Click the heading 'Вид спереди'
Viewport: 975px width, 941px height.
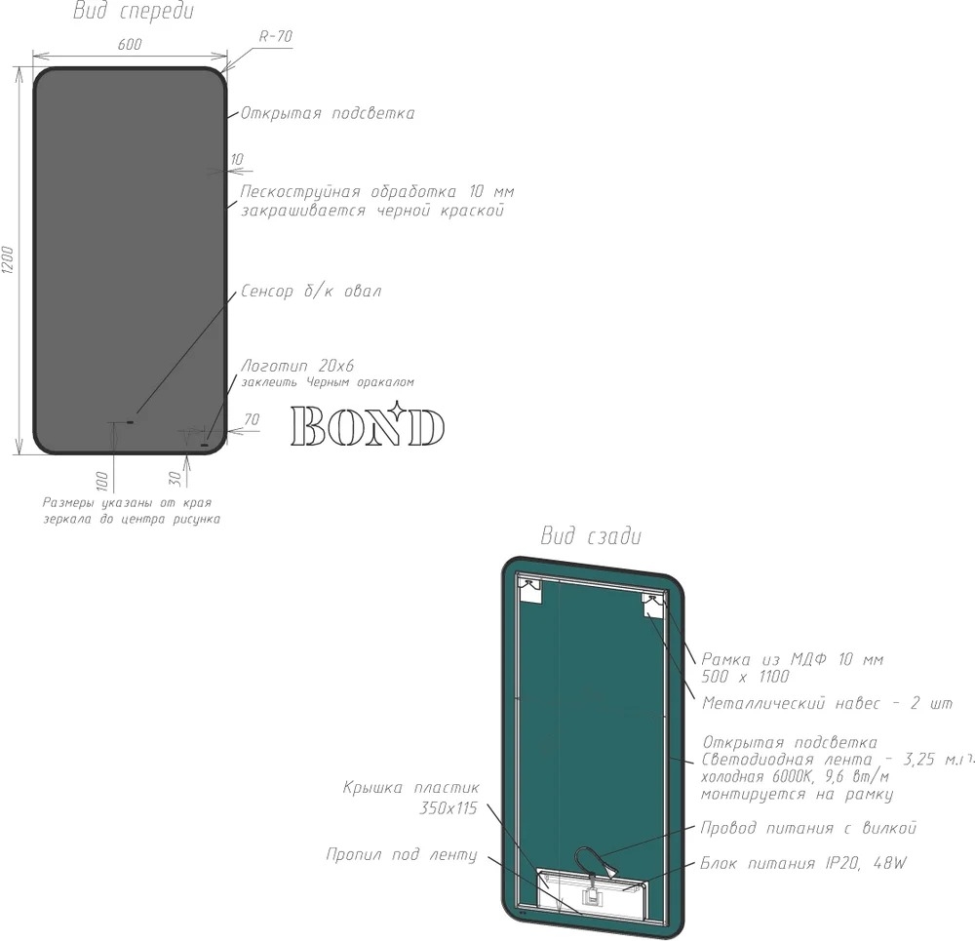pyautogui.click(x=134, y=11)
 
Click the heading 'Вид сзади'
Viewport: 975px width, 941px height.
pyautogui.click(x=591, y=535)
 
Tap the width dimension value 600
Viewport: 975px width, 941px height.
pyautogui.click(x=130, y=44)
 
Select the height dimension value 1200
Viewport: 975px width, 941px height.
pyautogui.click(x=8, y=260)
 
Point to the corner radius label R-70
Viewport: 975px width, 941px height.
pyautogui.click(x=276, y=36)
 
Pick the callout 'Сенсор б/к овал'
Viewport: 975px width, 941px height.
pyautogui.click(x=311, y=291)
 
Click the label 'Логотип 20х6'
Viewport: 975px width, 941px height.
pyautogui.click(x=297, y=365)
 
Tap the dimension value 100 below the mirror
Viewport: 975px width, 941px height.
pyautogui.click(x=102, y=481)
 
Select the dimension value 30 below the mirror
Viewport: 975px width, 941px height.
pyautogui.click(x=175, y=478)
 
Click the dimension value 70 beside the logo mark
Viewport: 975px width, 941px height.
pyautogui.click(x=252, y=419)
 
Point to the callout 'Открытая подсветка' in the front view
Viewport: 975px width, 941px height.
pyautogui.click(x=328, y=113)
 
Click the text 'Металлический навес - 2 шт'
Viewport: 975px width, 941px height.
pyautogui.click(x=827, y=703)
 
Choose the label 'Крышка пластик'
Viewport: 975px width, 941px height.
pyautogui.click(x=411, y=787)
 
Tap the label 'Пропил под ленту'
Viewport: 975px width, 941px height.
pyautogui.click(x=402, y=854)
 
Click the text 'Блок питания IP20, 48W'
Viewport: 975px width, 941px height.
pyautogui.click(x=803, y=863)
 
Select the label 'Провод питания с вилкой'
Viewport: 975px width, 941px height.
pyautogui.click(x=808, y=828)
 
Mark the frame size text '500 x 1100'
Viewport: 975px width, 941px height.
pyautogui.click(x=745, y=677)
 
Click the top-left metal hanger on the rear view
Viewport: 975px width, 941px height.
pyautogui.click(x=530, y=591)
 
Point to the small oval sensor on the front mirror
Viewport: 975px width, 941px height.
pyautogui.click(x=130, y=422)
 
